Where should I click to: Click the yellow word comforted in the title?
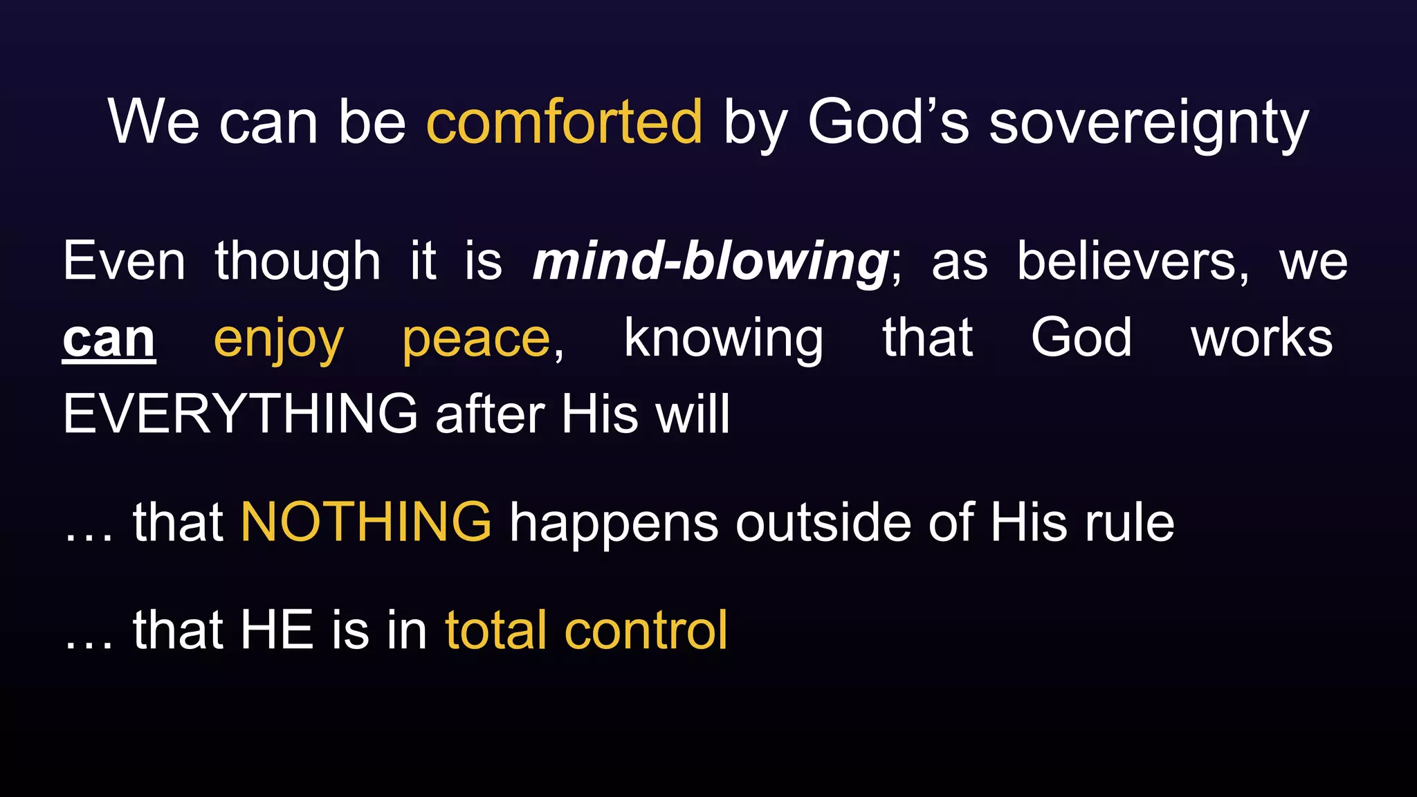click(564, 122)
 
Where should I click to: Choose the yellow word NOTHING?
click(366, 522)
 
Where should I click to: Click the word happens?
click(614, 524)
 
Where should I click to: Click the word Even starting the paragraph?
click(124, 262)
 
